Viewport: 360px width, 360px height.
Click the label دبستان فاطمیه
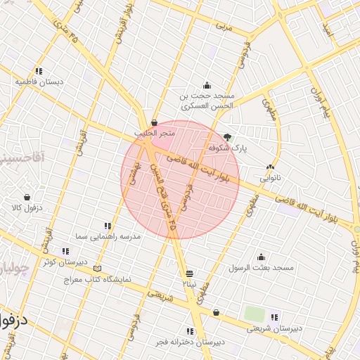click(39, 82)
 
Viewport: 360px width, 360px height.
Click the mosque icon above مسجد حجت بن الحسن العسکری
click(206, 85)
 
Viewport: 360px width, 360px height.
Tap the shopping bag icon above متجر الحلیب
click(154, 123)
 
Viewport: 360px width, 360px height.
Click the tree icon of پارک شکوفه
click(226, 138)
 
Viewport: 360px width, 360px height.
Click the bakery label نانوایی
click(270, 178)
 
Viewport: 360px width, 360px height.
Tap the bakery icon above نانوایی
click(270, 167)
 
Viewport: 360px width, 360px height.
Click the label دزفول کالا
click(26, 208)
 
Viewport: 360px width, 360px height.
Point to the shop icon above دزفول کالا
click(27, 198)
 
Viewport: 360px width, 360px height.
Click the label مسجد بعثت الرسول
click(261, 268)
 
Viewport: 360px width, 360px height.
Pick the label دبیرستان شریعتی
click(274, 328)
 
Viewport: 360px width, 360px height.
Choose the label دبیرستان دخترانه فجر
click(190, 342)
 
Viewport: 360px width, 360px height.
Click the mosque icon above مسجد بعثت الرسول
click(261, 257)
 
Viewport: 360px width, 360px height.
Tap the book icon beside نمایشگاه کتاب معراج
click(97, 269)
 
